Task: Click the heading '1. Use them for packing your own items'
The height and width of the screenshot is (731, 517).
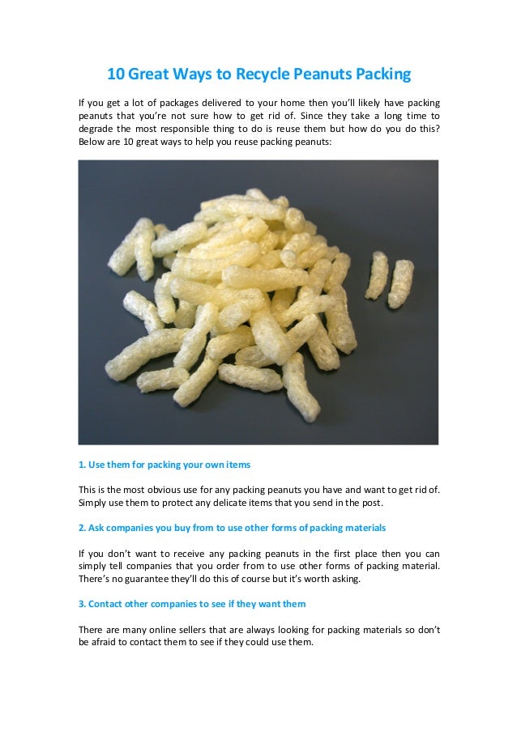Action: pos(164,465)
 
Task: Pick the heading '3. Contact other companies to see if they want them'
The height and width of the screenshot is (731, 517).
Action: pos(191,604)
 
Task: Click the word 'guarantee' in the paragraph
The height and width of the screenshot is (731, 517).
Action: pos(146,579)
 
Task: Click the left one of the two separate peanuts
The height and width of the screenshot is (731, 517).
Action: pos(378,275)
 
